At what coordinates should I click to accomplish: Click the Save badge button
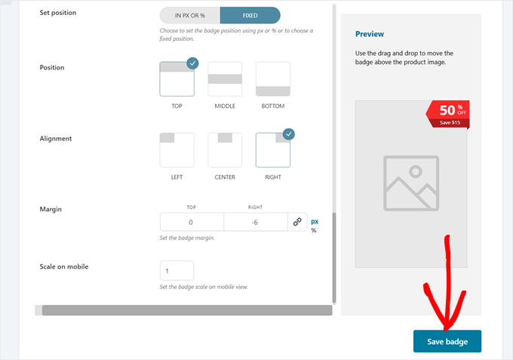[447, 341]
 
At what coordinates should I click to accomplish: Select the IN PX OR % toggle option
[190, 15]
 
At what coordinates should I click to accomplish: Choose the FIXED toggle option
[250, 15]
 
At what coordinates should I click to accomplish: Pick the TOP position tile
[177, 79]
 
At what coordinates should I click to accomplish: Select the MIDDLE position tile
[225, 79]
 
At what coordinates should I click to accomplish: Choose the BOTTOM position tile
[273, 79]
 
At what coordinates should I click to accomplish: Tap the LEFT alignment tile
[177, 150]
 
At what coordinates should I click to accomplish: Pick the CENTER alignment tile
[225, 150]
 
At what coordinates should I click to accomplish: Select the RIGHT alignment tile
[273, 150]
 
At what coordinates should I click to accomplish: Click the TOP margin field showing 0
[192, 222]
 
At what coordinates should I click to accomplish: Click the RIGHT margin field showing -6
[256, 222]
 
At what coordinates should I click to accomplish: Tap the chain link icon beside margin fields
[297, 222]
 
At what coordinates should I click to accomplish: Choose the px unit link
[315, 222]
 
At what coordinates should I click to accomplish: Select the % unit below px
[313, 230]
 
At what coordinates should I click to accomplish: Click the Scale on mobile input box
[177, 271]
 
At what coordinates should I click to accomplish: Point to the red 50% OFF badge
[447, 114]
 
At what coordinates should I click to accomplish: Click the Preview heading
[370, 34]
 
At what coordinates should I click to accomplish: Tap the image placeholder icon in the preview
[411, 183]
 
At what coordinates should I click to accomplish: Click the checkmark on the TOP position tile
[192, 63]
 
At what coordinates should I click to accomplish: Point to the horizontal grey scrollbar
[187, 310]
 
